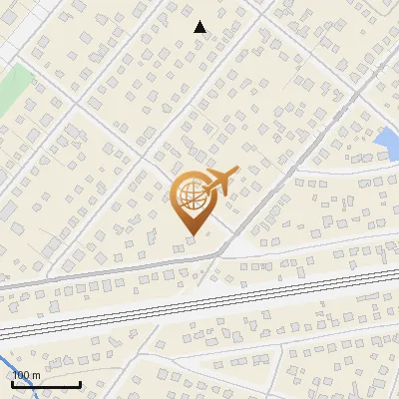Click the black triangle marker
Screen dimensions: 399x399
pos(199,27)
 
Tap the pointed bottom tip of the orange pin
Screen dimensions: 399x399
pos(191,234)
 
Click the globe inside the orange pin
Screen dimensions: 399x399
pos(191,197)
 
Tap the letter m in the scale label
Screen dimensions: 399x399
pos(36,374)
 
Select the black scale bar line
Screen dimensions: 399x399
pos(45,384)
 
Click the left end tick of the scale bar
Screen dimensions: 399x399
pos(11,382)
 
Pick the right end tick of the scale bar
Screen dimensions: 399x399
pos(80,382)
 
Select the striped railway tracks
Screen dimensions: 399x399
pos(199,304)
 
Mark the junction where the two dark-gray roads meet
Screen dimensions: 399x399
pos(216,256)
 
